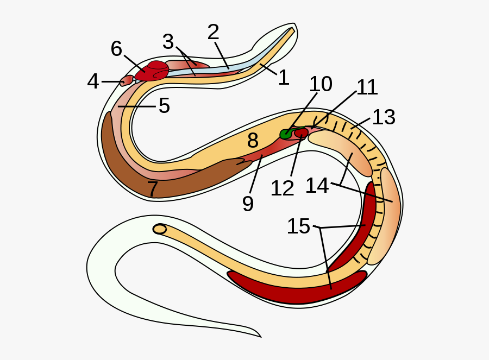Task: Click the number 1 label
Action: [284, 77]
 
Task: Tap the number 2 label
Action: [214, 32]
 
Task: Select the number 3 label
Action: [168, 41]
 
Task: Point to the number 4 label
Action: [93, 81]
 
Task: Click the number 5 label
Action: [164, 105]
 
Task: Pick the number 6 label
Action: [116, 49]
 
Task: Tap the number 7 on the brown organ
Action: [153, 188]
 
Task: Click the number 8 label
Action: [253, 140]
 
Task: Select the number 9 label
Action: [248, 204]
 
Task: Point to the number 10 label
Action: [321, 84]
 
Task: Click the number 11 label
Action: [367, 87]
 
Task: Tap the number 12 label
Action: [283, 188]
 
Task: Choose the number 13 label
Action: [384, 117]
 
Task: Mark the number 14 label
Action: [317, 186]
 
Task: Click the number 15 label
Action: [298, 226]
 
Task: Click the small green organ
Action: [286, 134]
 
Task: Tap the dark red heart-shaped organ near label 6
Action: [153, 71]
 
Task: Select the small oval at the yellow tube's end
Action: [160, 229]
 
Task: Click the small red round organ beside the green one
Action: [301, 133]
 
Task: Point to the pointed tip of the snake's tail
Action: [261, 337]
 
